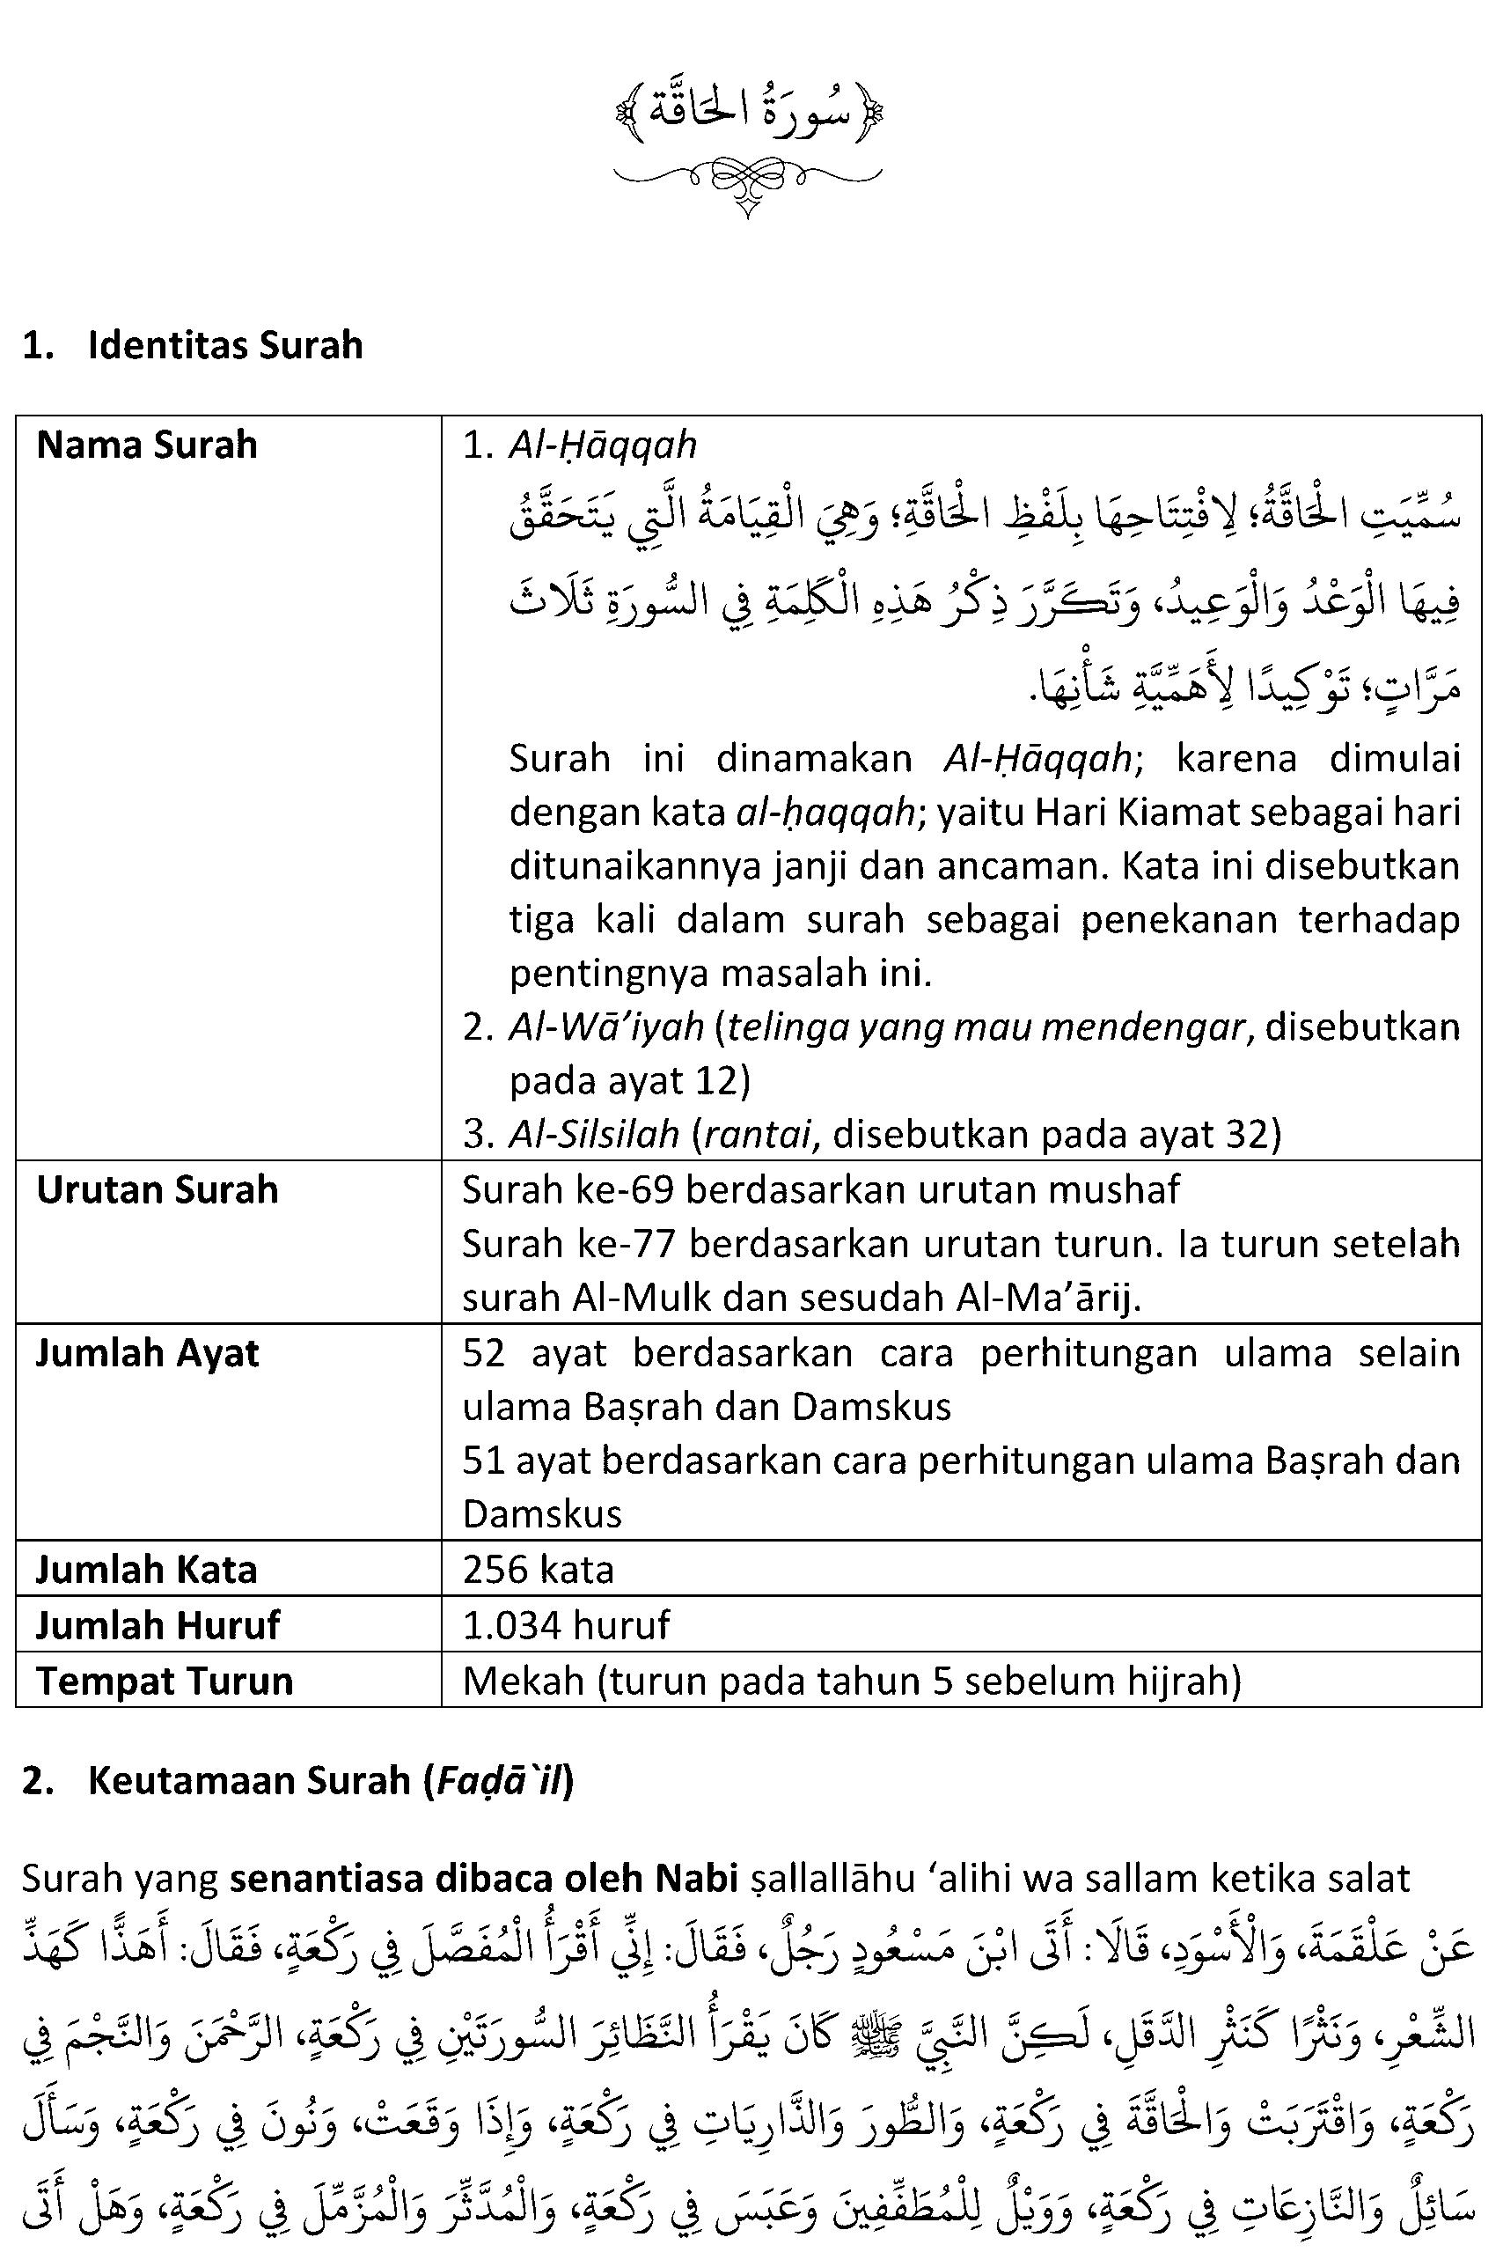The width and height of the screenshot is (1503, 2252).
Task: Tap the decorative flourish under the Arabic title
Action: coord(747,181)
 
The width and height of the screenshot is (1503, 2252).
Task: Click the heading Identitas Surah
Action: coord(224,345)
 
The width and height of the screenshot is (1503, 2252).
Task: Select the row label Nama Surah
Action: coord(147,445)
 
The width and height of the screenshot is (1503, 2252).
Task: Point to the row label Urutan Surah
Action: coord(158,1189)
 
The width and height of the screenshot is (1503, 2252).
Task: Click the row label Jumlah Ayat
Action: coord(148,1353)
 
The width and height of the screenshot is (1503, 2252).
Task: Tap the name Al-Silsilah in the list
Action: coord(593,1134)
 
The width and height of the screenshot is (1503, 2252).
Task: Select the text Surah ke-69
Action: coord(568,1189)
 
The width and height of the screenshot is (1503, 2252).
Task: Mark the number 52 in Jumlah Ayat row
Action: coord(483,1353)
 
